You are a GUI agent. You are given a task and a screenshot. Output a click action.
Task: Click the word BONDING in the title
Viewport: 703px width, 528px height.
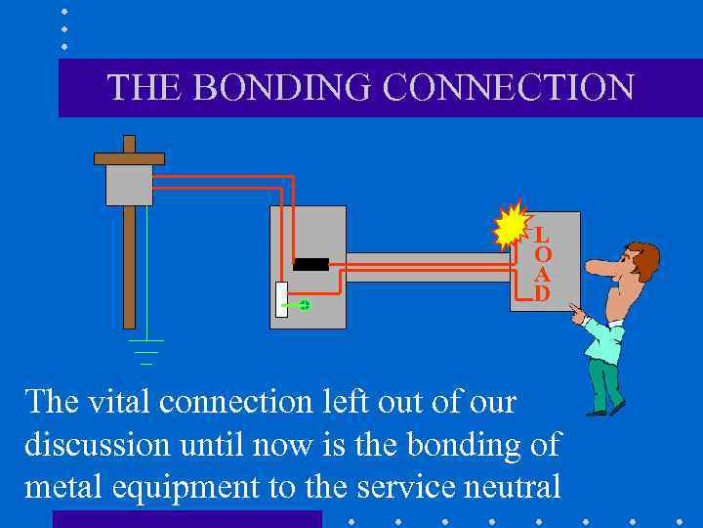click(x=283, y=87)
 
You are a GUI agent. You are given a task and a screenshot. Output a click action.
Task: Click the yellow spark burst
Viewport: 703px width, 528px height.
click(x=510, y=228)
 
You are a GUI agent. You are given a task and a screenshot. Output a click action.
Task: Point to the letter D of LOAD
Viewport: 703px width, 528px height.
click(x=541, y=292)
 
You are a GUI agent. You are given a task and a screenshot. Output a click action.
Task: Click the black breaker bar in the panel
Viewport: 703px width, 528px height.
click(x=310, y=264)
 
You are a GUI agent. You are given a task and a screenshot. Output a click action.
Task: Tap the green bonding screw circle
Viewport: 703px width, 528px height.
click(x=304, y=305)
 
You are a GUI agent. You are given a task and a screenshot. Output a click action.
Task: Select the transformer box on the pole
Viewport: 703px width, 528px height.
click(x=129, y=184)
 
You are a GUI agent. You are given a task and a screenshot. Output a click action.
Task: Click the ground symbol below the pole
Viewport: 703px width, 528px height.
click(x=146, y=351)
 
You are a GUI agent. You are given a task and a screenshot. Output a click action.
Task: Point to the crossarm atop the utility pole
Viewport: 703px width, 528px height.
click(x=129, y=157)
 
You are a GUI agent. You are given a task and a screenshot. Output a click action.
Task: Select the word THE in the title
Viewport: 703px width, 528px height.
click(x=145, y=87)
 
